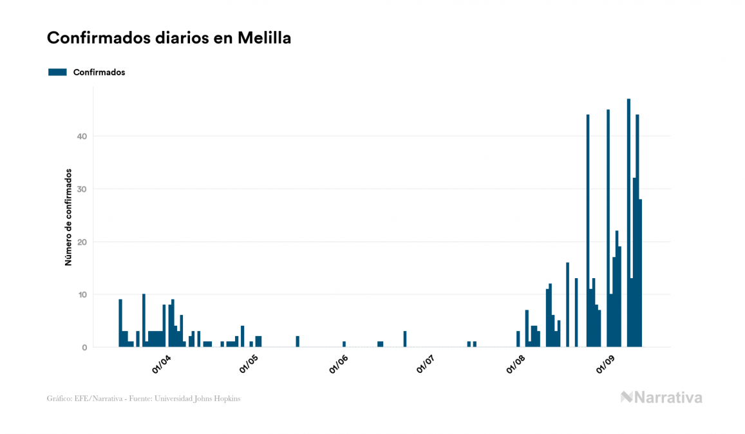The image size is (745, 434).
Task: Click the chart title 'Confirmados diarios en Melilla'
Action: coord(169,38)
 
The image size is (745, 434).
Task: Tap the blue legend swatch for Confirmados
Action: coord(57,72)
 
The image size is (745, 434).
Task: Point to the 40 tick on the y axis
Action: coord(82,136)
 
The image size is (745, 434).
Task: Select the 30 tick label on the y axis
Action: coord(82,189)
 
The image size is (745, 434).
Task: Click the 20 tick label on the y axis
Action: coord(82,241)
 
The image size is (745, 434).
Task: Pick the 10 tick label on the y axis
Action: coord(82,294)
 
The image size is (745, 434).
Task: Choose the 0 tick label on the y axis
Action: coord(84,347)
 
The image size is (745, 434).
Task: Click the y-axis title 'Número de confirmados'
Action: coord(68,217)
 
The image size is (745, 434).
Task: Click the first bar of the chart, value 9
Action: coord(120,324)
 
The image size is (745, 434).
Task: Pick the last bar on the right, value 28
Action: coord(641,274)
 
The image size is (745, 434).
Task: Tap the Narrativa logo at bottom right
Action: coord(661,397)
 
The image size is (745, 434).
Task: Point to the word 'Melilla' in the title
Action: coord(265,38)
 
